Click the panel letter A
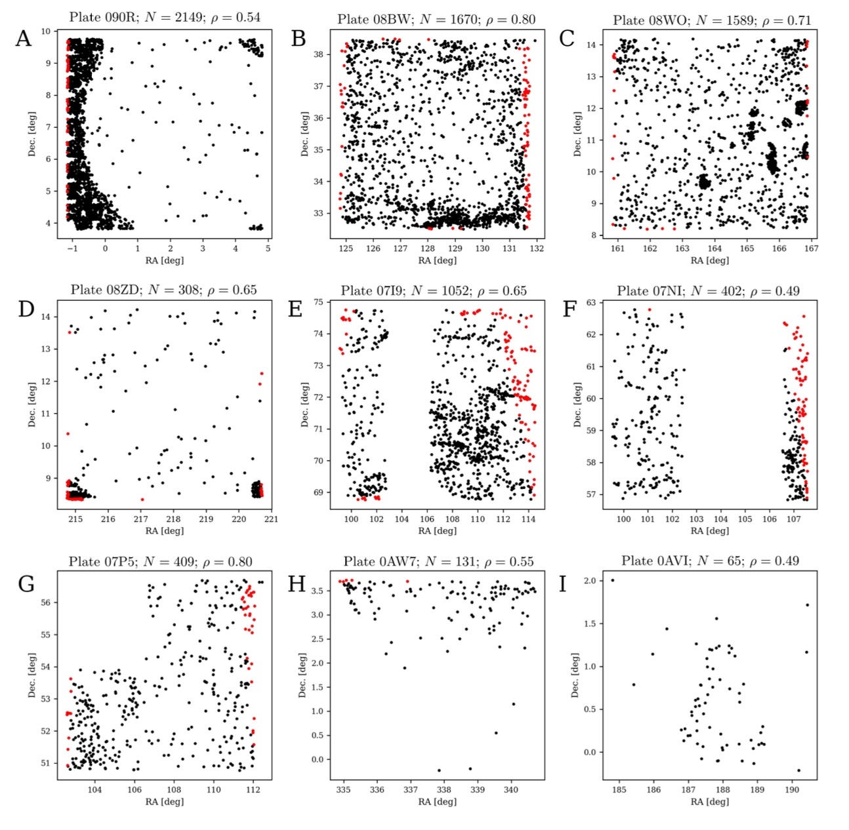pyautogui.click(x=23, y=39)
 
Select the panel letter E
pyautogui.click(x=296, y=308)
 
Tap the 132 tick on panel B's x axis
pyautogui.click(x=537, y=248)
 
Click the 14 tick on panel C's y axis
pyautogui.click(x=591, y=45)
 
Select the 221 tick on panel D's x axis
pyautogui.click(x=271, y=519)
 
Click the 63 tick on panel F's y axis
pyautogui.click(x=591, y=302)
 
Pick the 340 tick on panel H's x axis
pyautogui.click(x=511, y=789)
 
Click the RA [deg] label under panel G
pyautogui.click(x=164, y=801)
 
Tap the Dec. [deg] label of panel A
pyautogui.click(x=31, y=134)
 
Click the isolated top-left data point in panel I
pyautogui.click(x=612, y=580)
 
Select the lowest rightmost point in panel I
pyautogui.click(x=798, y=770)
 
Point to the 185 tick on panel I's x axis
pyautogui.click(x=619, y=789)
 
